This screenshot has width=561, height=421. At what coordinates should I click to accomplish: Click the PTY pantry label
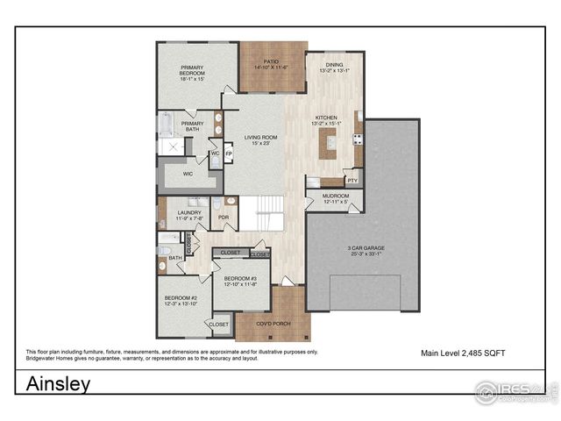click(x=352, y=181)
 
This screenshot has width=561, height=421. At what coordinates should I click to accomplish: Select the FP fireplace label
click(x=229, y=154)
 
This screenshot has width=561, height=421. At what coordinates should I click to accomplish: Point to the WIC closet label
click(x=188, y=175)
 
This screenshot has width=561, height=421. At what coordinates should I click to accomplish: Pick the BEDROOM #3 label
click(x=239, y=281)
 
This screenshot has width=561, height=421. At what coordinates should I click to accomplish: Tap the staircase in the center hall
click(x=260, y=213)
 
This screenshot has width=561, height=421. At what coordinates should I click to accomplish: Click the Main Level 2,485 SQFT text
click(x=462, y=353)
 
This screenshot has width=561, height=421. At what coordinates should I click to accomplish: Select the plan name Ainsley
click(x=58, y=384)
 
